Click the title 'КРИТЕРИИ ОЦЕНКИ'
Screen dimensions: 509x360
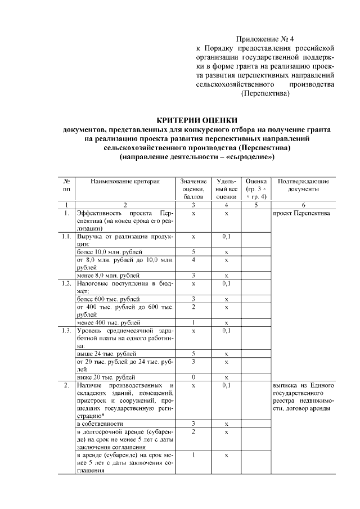(x=196, y=120)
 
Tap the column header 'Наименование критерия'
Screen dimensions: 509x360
(x=125, y=182)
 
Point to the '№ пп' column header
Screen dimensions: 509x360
(x=66, y=186)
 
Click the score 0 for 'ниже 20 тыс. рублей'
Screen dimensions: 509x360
(x=193, y=377)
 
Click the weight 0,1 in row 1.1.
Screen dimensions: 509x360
(x=226, y=237)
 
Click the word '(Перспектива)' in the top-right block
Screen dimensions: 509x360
(x=265, y=94)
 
